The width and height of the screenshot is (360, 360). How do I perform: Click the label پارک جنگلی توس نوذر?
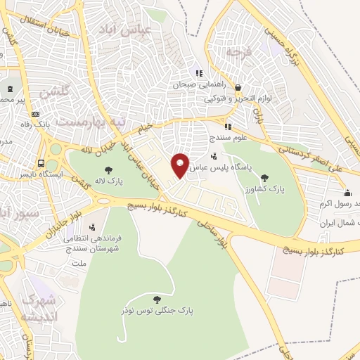(x=156, y=310)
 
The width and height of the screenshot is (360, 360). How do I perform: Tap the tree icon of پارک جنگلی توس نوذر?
(x=156, y=299)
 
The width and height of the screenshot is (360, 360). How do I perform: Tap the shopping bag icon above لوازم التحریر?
(x=238, y=89)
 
